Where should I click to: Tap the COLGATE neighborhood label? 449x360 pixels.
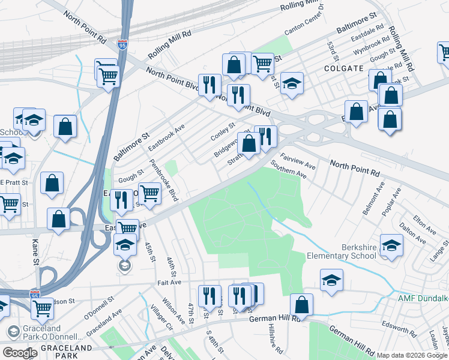[343, 68]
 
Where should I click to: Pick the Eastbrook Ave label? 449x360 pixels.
[167, 137]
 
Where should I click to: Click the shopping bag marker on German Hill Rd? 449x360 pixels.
[301, 304]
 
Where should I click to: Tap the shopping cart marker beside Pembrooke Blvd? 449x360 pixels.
[149, 193]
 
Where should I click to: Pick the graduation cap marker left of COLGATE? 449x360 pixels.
[292, 83]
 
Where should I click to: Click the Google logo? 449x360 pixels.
[20, 353]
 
